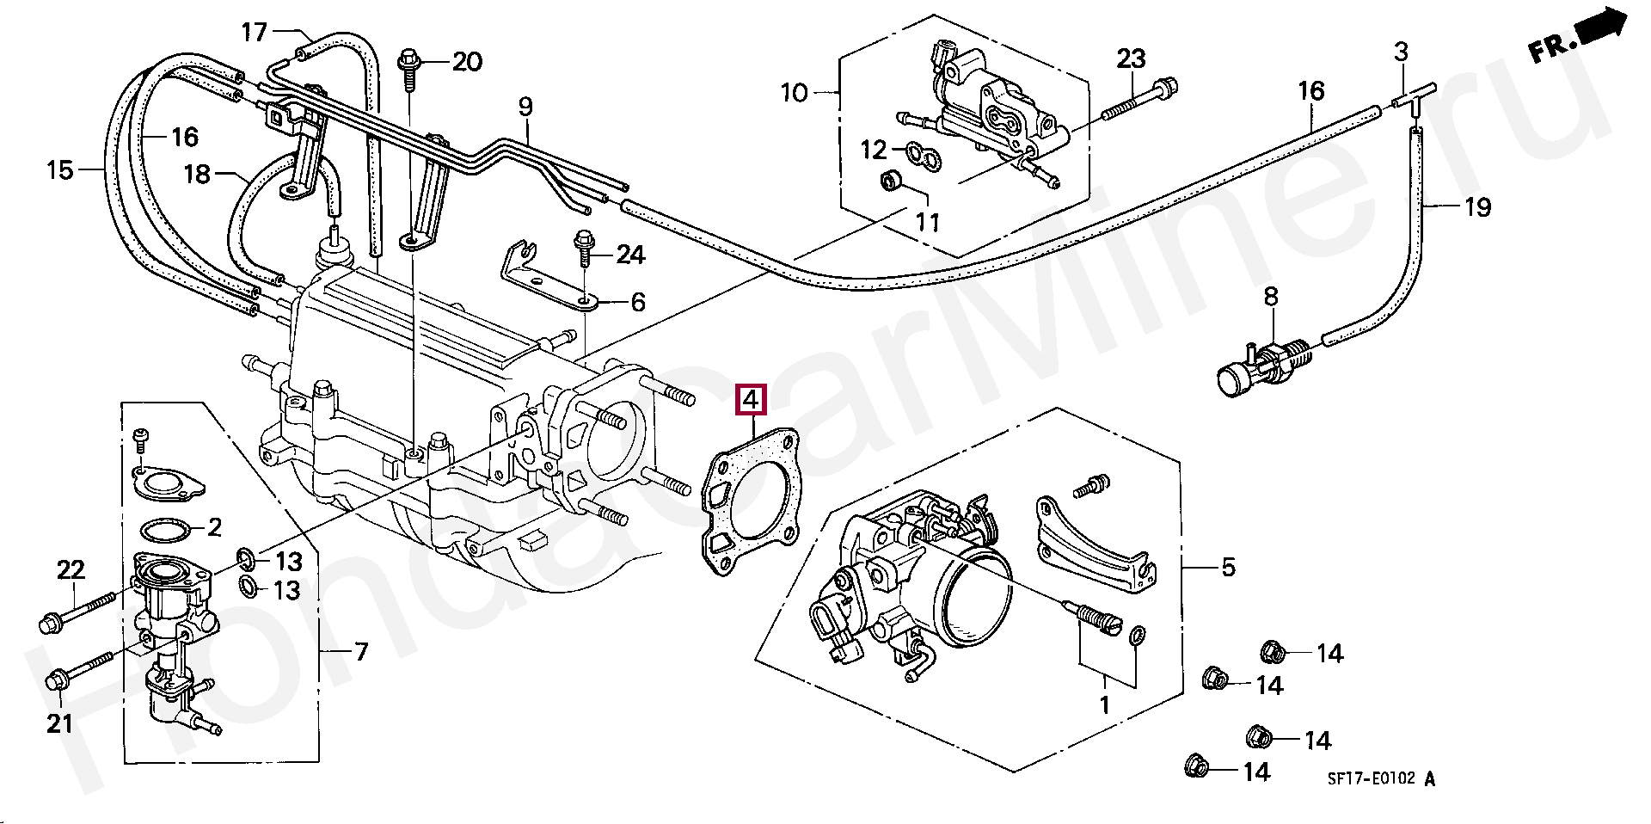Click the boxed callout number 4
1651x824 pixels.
point(751,400)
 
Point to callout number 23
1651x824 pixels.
point(1131,58)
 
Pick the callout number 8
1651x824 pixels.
point(1270,297)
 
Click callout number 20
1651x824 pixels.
point(467,61)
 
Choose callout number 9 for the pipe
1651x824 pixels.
point(525,107)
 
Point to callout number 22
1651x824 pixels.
point(71,569)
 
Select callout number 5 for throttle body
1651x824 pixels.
point(1228,567)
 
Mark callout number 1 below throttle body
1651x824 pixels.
point(1105,705)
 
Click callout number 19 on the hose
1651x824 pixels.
point(1477,206)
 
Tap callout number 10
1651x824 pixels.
point(794,92)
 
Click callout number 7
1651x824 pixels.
point(361,652)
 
